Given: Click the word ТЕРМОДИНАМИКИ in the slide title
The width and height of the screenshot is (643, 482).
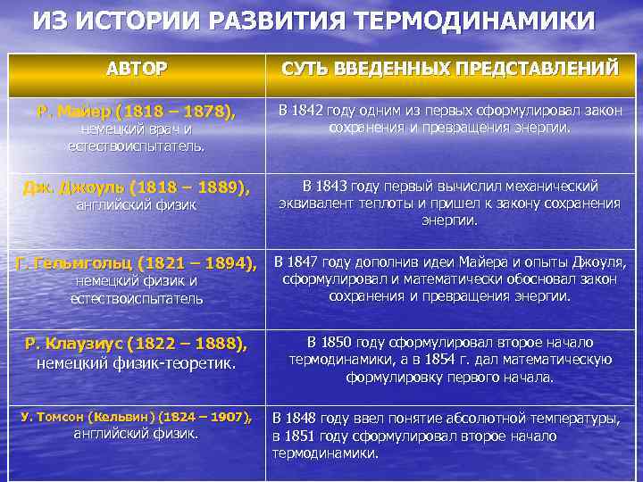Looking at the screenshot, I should click(x=480, y=21).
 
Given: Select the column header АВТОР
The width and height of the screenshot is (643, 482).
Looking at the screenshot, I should click(x=136, y=68).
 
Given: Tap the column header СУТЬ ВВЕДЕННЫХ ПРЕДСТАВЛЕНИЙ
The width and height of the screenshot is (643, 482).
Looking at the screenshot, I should click(x=450, y=68).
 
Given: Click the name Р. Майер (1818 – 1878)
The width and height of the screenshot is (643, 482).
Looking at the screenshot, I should click(x=137, y=112).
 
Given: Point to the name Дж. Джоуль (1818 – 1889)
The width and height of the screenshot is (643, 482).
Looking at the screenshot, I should click(x=137, y=187).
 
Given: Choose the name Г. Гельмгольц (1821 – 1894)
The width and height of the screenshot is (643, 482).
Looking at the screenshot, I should click(x=137, y=263).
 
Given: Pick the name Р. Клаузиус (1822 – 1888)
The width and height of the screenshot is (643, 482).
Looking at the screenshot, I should click(x=137, y=344).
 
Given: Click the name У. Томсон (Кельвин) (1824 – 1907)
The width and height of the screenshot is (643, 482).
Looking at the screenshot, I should click(x=137, y=417).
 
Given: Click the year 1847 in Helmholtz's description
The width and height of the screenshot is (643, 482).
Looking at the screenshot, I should click(x=305, y=262).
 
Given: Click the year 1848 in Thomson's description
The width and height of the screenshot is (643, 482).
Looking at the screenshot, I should click(x=305, y=418).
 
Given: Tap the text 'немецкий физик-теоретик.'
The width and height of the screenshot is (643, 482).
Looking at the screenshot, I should click(x=137, y=362).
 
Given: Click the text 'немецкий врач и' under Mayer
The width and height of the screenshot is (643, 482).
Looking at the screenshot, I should click(x=137, y=129).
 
